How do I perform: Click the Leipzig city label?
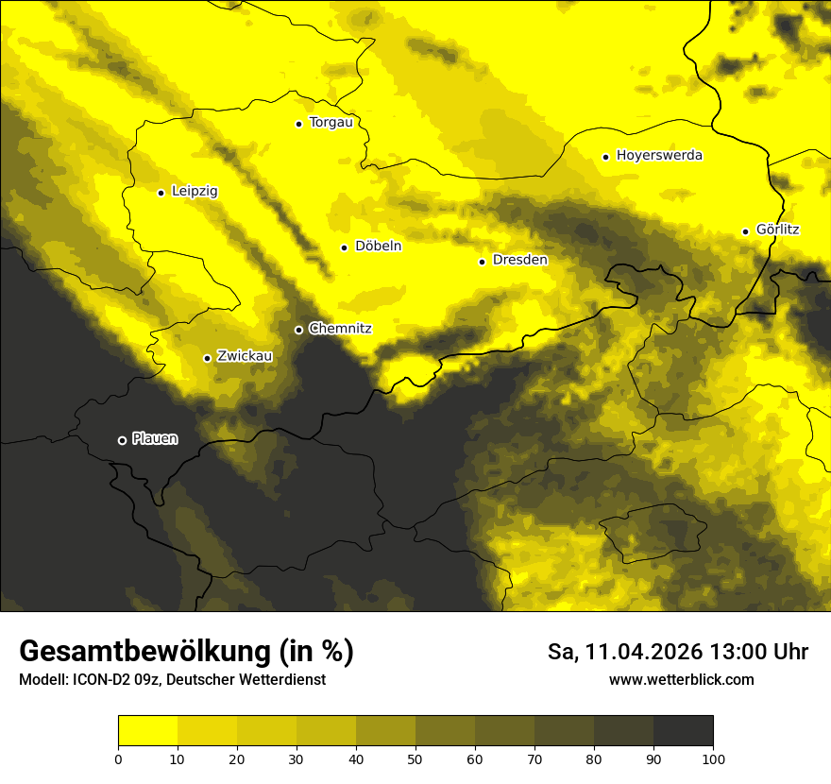click(195, 192)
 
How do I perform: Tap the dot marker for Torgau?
click(298, 124)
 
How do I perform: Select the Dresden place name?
click(520, 260)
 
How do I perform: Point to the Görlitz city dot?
click(745, 231)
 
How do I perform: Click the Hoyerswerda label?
click(659, 156)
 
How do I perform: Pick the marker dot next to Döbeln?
click(344, 247)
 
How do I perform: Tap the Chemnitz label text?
click(340, 329)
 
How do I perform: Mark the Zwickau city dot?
click(207, 358)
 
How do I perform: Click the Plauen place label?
click(155, 438)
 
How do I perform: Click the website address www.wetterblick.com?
click(682, 679)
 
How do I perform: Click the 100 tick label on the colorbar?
click(713, 758)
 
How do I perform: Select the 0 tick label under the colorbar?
click(118, 758)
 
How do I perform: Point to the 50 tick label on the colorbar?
click(415, 758)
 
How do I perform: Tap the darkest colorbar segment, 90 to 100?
click(683, 731)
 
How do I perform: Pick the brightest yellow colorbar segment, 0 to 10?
click(147, 731)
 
